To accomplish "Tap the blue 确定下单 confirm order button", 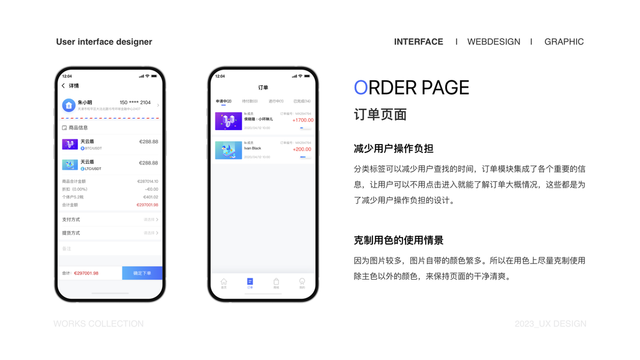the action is (142, 273).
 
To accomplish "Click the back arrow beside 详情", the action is (64, 86).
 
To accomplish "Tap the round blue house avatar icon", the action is (69, 106).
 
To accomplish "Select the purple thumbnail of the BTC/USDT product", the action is (70, 144).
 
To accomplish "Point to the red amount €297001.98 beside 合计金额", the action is (147, 205).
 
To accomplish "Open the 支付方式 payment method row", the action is (110, 220).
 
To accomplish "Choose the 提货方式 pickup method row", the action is (110, 233).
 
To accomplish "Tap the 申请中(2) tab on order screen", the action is (224, 101).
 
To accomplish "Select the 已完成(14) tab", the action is (302, 101).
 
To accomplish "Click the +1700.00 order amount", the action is (302, 120).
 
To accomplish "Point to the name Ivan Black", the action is (253, 148).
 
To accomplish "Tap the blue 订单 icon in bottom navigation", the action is (250, 282).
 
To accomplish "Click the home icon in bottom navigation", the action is (224, 282).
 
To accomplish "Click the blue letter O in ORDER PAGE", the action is (360, 88).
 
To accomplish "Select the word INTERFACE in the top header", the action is (419, 41).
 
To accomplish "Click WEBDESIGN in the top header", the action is (494, 41).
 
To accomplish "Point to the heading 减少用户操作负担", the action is (393, 148).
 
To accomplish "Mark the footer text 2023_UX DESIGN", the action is (550, 323).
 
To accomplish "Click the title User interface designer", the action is (104, 41).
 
